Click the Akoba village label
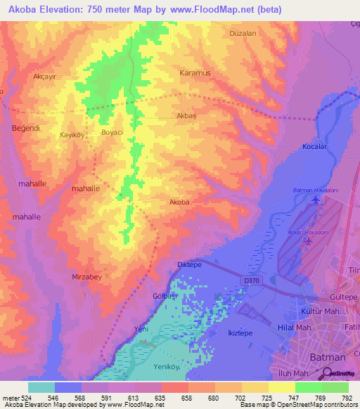coord(179,202)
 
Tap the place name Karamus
coord(195,72)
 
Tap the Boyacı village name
coord(112,132)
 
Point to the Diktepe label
coord(188,266)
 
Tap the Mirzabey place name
coord(87,278)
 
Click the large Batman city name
coord(328,357)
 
